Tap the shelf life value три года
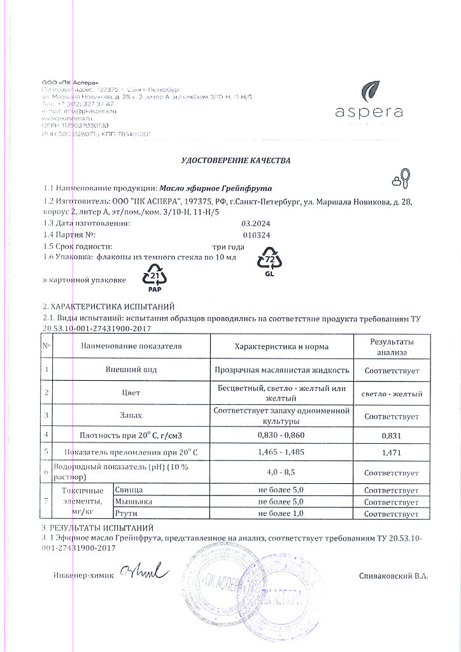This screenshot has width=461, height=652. point(228,246)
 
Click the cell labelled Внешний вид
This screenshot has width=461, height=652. point(131,369)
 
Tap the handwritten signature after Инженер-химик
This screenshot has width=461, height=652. point(145,572)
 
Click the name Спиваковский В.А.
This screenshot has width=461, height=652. point(393,576)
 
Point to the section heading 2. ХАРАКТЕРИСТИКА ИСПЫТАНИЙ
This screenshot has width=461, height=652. point(108,306)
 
